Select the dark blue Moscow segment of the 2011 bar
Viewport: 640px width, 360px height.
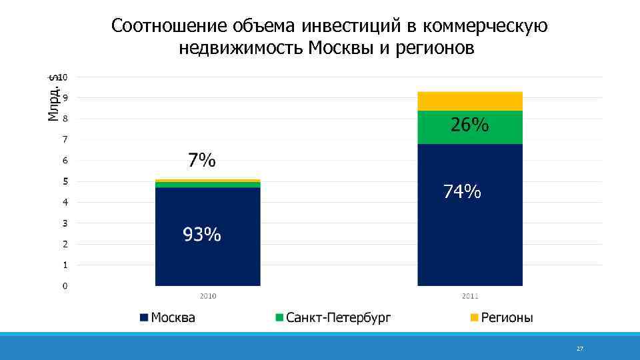point(469,240)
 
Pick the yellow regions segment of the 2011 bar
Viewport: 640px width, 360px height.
point(469,101)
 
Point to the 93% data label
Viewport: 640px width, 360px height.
point(202,235)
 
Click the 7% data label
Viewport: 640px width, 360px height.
point(201,161)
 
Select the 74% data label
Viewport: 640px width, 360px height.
point(463,192)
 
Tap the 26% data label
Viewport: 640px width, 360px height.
point(470,125)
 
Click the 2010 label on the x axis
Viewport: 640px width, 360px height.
point(207,295)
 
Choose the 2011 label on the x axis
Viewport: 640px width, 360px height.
point(469,295)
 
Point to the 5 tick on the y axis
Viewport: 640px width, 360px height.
point(65,181)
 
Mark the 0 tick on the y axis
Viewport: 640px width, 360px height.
point(65,286)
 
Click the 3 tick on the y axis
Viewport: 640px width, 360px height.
point(65,223)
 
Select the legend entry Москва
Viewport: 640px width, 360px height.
point(167,318)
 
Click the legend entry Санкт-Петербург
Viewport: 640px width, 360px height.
point(333,318)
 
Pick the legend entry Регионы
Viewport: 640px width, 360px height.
point(501,318)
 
